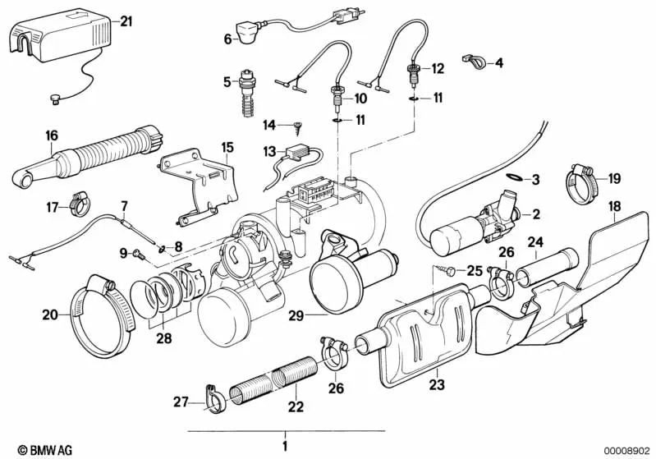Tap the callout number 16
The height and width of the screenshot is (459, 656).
pyautogui.click(x=52, y=135)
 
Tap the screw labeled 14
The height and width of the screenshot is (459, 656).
pyautogui.click(x=298, y=126)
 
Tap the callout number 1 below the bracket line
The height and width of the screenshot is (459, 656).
pyautogui.click(x=285, y=448)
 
